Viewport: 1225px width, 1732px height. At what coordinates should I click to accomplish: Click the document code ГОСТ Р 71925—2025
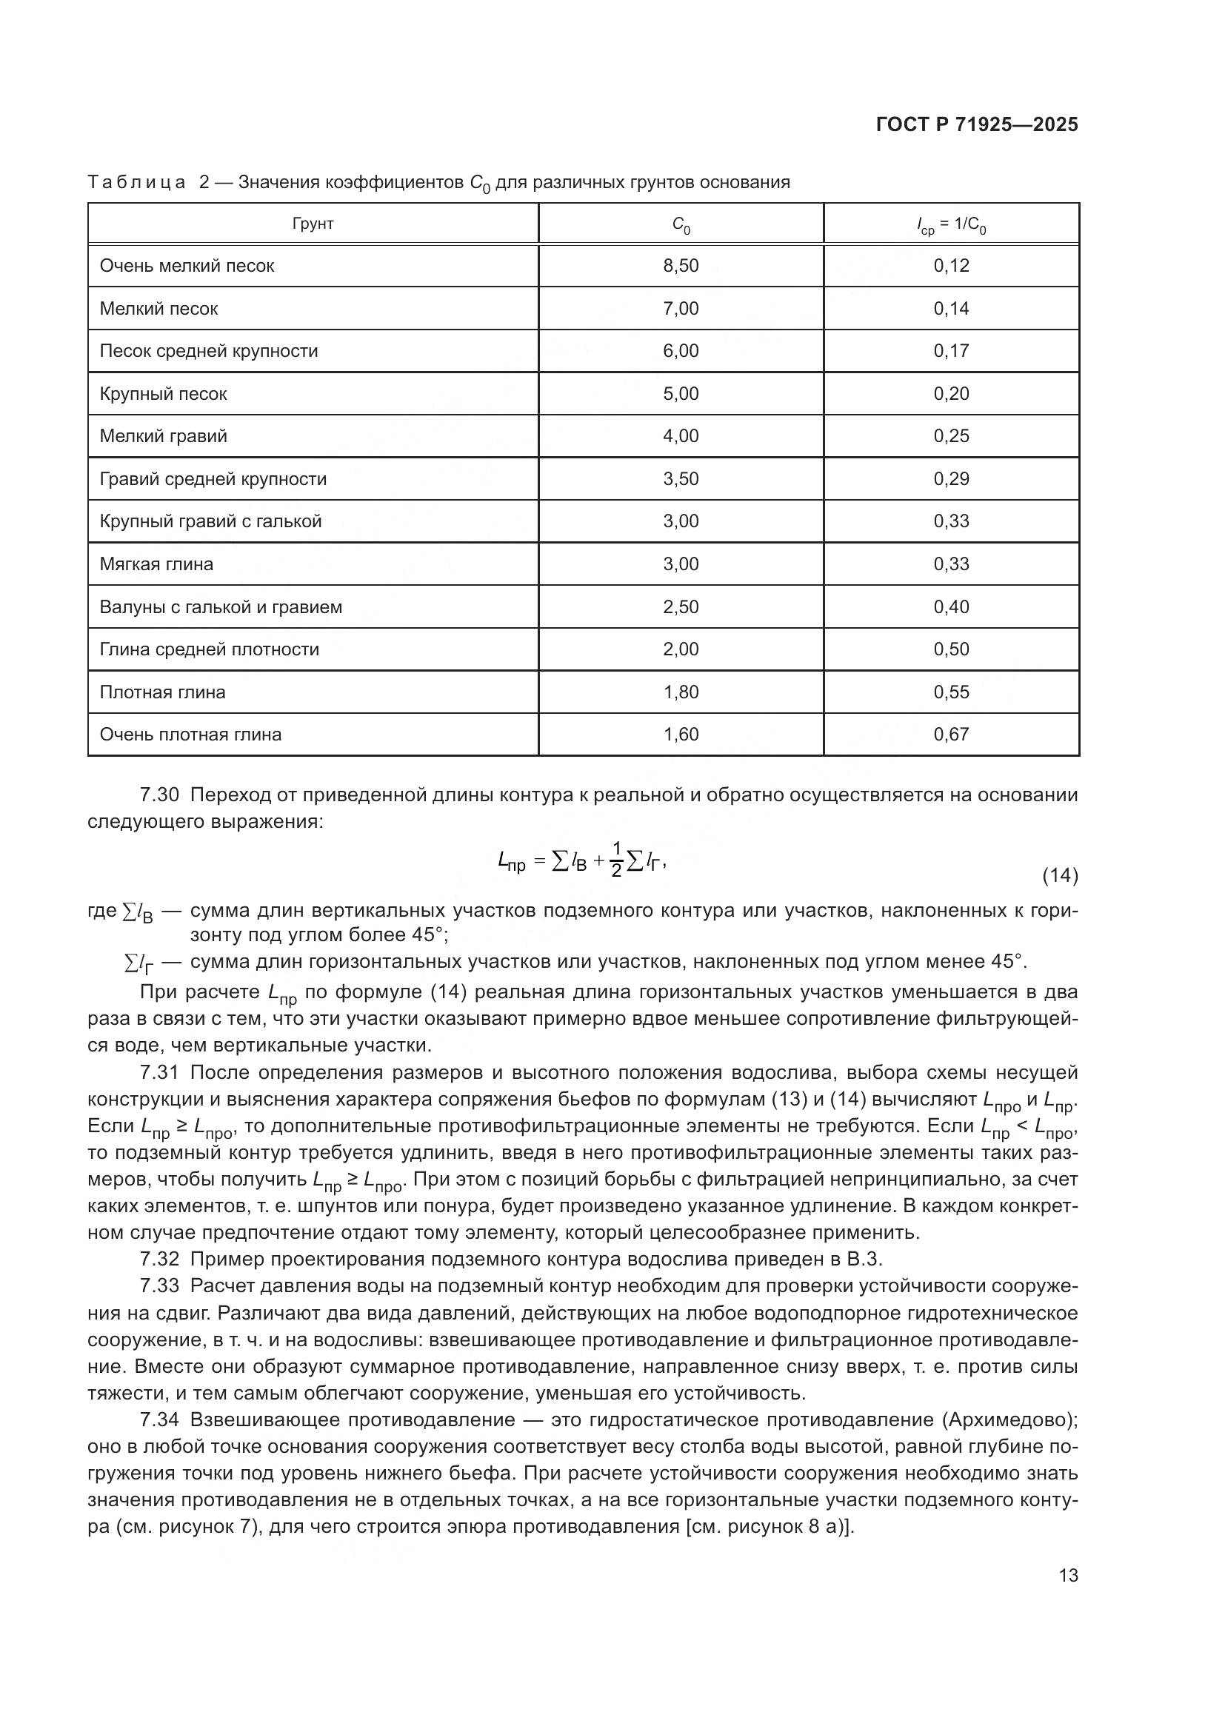(x=977, y=125)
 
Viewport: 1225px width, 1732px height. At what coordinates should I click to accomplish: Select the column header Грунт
(x=313, y=224)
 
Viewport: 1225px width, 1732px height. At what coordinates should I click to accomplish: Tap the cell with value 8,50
(x=681, y=266)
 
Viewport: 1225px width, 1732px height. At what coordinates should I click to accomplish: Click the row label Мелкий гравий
(x=163, y=436)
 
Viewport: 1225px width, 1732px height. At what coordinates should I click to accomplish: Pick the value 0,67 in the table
(x=950, y=734)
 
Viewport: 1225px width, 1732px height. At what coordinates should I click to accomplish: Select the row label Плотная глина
(x=162, y=692)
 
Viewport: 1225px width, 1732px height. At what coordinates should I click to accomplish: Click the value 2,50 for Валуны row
(x=681, y=606)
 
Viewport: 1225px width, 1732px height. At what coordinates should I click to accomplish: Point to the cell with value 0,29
(x=950, y=478)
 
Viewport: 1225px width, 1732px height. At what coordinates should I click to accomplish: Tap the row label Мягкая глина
(x=156, y=564)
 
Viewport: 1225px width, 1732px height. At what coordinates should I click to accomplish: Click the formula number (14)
(x=1060, y=875)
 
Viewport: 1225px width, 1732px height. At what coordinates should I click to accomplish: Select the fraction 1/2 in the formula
(x=615, y=860)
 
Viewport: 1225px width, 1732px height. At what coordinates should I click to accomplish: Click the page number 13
(x=1068, y=1576)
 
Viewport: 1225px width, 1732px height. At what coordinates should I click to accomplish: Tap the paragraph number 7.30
(x=159, y=795)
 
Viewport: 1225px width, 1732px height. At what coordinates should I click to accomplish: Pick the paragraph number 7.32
(x=159, y=1259)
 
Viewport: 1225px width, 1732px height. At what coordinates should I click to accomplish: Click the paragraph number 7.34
(x=159, y=1420)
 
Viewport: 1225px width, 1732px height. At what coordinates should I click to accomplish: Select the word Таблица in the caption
(x=136, y=183)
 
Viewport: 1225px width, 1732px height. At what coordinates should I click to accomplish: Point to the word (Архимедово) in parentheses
(x=1009, y=1420)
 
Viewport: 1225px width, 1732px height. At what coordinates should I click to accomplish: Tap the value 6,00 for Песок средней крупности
(x=681, y=351)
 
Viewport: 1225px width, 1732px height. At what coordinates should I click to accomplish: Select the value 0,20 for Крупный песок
(x=950, y=393)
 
